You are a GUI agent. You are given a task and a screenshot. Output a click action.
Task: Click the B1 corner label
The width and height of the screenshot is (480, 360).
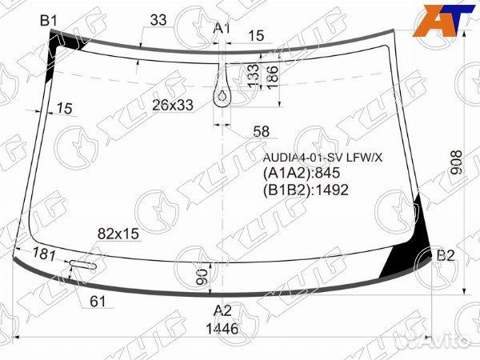click(49, 21)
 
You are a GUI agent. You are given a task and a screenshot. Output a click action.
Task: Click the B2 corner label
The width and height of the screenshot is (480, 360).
click(446, 255)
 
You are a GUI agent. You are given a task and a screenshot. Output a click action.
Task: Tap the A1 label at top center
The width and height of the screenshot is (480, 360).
click(222, 28)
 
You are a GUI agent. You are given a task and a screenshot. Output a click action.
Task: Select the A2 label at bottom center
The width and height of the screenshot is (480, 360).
click(222, 310)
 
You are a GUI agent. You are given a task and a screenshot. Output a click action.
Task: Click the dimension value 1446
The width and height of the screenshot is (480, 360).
click(222, 329)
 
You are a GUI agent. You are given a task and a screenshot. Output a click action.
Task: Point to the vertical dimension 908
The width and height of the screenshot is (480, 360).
click(458, 162)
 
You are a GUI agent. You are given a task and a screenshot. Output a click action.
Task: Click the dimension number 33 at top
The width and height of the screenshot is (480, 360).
click(158, 20)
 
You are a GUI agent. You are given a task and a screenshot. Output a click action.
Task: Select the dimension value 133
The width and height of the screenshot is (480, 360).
click(253, 76)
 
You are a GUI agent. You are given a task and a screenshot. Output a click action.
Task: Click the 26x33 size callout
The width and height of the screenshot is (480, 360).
click(173, 106)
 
